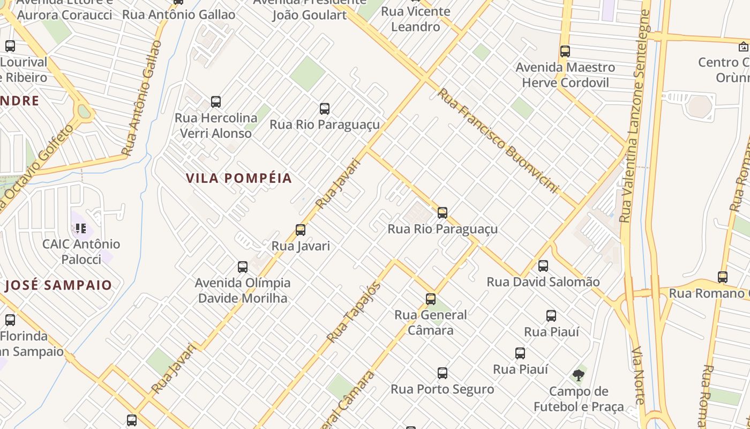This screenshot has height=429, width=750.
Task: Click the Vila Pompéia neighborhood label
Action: click(x=239, y=179)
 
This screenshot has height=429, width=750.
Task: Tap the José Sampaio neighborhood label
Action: click(x=58, y=285)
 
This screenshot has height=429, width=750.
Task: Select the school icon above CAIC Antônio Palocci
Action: click(x=81, y=228)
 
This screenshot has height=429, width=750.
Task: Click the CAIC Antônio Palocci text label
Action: click(x=81, y=252)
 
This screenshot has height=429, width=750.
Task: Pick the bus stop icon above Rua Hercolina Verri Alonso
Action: click(x=216, y=101)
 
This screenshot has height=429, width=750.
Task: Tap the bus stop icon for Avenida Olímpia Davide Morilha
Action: click(x=243, y=267)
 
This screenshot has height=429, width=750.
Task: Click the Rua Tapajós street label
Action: click(x=354, y=312)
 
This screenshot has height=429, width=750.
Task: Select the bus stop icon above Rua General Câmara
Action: click(x=431, y=299)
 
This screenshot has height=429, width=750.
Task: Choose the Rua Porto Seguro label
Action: click(x=442, y=389)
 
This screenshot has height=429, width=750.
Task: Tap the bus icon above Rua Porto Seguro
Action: click(x=442, y=373)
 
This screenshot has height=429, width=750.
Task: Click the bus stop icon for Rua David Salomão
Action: click(x=543, y=265)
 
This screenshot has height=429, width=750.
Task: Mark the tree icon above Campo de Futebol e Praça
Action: click(x=578, y=375)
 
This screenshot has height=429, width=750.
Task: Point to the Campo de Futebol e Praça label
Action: click(x=579, y=399)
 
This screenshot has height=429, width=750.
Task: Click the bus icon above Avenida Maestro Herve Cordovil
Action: click(x=565, y=51)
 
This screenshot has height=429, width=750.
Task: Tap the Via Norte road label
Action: click(x=639, y=375)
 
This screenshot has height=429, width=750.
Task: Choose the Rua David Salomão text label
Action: click(x=543, y=282)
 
